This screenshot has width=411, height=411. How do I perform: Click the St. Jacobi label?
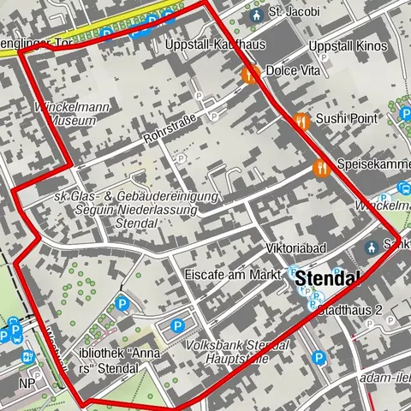coord(294,13)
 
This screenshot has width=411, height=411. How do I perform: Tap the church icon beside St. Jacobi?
coord(255,14)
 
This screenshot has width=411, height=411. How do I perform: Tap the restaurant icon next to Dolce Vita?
coord(250,74)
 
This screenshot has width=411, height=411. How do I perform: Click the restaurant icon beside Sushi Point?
coord(301,122)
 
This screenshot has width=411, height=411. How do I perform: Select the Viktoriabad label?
coord(294,249)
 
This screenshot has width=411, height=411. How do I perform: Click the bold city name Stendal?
coord(327,278)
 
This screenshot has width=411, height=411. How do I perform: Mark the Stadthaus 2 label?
coord(348,310)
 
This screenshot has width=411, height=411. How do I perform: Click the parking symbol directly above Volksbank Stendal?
coord(177,325)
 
